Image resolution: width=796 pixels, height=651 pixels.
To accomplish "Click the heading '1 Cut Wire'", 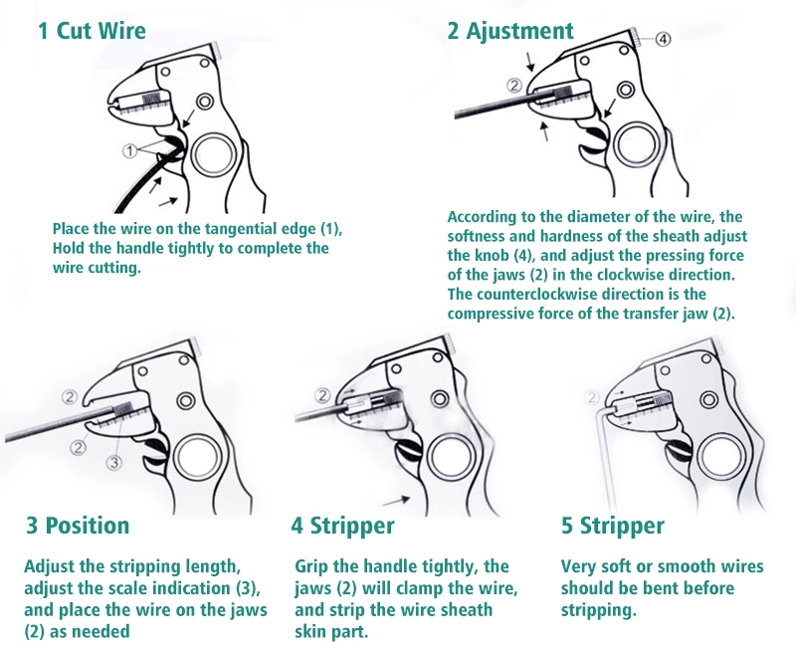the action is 92,31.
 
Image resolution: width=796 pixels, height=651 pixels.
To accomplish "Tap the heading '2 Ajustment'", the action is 510,32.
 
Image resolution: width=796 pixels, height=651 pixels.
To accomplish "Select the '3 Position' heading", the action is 78,526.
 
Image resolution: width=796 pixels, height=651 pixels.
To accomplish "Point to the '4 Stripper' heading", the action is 342,527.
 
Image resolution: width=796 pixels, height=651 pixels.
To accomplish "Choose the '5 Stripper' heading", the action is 613,527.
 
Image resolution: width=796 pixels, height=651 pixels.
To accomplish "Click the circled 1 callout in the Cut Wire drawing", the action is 130,150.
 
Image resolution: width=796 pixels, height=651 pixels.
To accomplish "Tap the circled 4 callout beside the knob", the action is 663,39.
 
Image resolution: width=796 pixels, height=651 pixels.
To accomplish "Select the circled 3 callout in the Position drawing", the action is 114,463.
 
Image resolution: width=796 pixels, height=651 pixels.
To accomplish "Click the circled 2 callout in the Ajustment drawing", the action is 513,85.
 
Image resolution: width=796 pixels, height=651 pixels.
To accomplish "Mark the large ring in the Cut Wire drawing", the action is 193,154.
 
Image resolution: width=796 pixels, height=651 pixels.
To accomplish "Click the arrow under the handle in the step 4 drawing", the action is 396,502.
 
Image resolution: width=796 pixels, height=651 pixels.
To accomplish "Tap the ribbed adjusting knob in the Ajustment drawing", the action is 635,38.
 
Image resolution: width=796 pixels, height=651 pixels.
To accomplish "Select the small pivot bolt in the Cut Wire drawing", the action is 205,102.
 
